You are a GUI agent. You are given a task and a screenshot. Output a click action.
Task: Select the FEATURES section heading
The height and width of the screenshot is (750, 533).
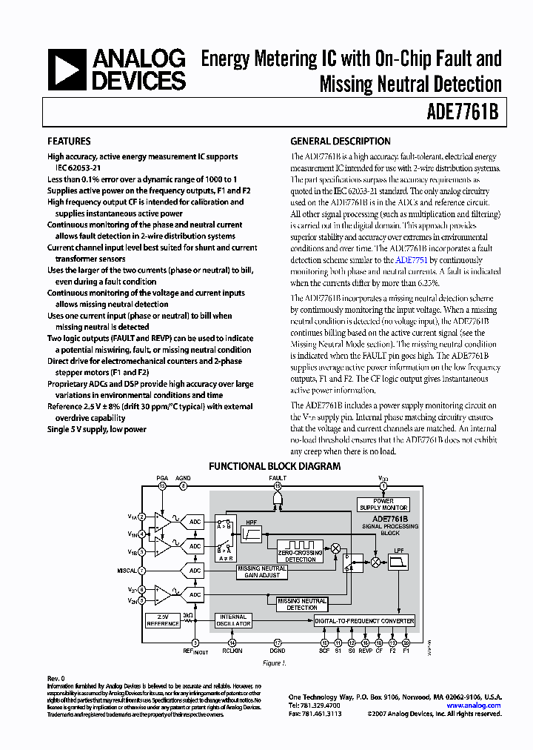(x=69, y=141)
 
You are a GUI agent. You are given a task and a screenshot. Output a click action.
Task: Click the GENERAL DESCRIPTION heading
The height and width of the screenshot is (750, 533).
(x=341, y=141)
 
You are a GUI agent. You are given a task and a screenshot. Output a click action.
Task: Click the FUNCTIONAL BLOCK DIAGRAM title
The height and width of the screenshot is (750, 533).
(x=275, y=466)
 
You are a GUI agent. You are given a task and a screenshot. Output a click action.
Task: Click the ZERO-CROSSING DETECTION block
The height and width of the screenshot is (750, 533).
(x=301, y=556)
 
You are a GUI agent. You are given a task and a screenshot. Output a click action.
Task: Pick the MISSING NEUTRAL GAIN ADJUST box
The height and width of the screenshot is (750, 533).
(x=262, y=571)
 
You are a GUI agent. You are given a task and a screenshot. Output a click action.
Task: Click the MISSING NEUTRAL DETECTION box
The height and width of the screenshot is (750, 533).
(x=302, y=604)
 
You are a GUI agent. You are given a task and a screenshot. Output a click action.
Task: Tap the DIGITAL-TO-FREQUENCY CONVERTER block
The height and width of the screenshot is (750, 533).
(x=364, y=620)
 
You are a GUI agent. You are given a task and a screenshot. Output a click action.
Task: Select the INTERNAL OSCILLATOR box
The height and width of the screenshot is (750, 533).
(x=232, y=620)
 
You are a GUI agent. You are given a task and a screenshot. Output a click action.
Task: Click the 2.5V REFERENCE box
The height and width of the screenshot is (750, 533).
(x=162, y=620)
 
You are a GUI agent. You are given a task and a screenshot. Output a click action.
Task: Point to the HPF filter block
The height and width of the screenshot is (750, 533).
(x=252, y=533)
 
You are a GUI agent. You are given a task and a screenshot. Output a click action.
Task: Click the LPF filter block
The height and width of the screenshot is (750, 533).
(x=399, y=561)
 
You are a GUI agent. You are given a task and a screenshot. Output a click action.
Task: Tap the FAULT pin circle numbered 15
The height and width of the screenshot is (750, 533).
(x=278, y=486)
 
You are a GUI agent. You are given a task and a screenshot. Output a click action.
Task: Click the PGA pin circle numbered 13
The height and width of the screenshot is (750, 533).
(x=162, y=486)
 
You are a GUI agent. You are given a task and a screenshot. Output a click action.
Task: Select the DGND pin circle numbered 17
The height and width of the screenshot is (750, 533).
(x=278, y=643)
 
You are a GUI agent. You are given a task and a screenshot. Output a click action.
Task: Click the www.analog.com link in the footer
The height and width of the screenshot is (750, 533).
(x=475, y=706)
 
